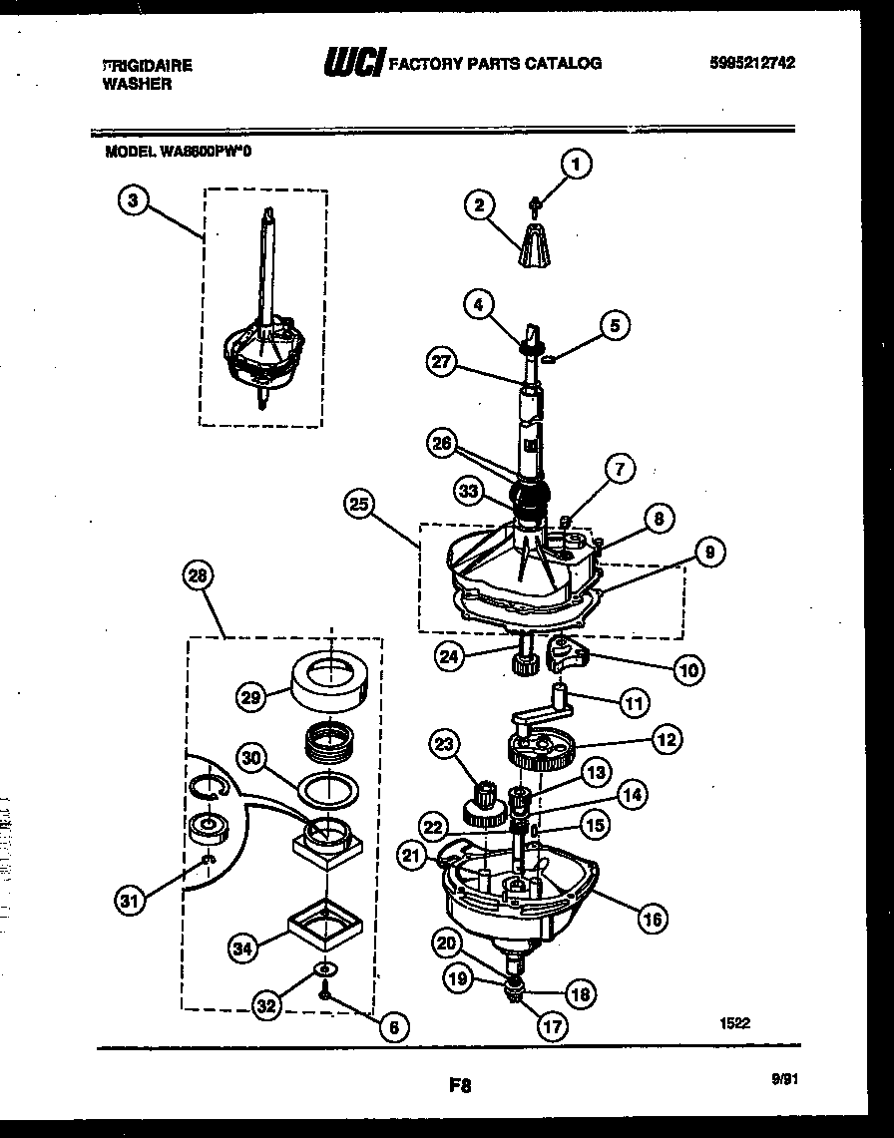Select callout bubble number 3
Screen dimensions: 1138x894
pyautogui.click(x=133, y=201)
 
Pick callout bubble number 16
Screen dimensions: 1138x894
pyautogui.click(x=655, y=919)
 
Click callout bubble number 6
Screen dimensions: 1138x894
pyautogui.click(x=394, y=1027)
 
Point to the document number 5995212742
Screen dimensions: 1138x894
pyautogui.click(x=754, y=63)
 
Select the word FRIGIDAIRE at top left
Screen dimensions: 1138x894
pyautogui.click(x=149, y=65)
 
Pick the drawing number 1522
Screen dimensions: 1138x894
pyautogui.click(x=734, y=1021)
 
